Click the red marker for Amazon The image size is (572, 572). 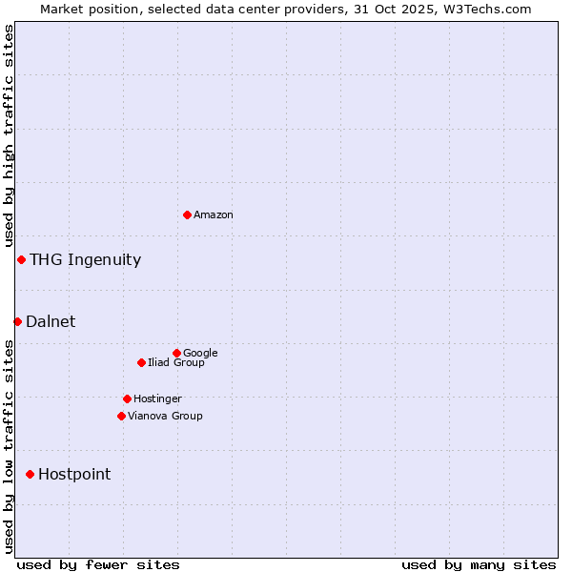[187, 214]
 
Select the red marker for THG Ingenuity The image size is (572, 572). [21, 259]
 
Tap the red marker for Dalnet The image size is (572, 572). [17, 321]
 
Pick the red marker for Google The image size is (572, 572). [176, 353]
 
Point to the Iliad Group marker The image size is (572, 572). [141, 362]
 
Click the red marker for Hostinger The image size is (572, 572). [127, 398]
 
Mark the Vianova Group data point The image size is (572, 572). [121, 416]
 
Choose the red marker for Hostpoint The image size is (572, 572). [30, 474]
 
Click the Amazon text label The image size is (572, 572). [214, 215]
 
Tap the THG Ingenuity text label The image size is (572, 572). [85, 260]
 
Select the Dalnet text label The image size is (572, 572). [51, 322]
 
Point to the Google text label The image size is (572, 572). [200, 353]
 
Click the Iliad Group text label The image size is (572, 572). [176, 363]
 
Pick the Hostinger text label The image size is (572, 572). [157, 399]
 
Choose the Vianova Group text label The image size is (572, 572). [165, 417]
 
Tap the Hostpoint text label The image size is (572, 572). [74, 475]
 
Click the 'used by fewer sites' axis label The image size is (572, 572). [98, 564]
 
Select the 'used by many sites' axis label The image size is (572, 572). [479, 564]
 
